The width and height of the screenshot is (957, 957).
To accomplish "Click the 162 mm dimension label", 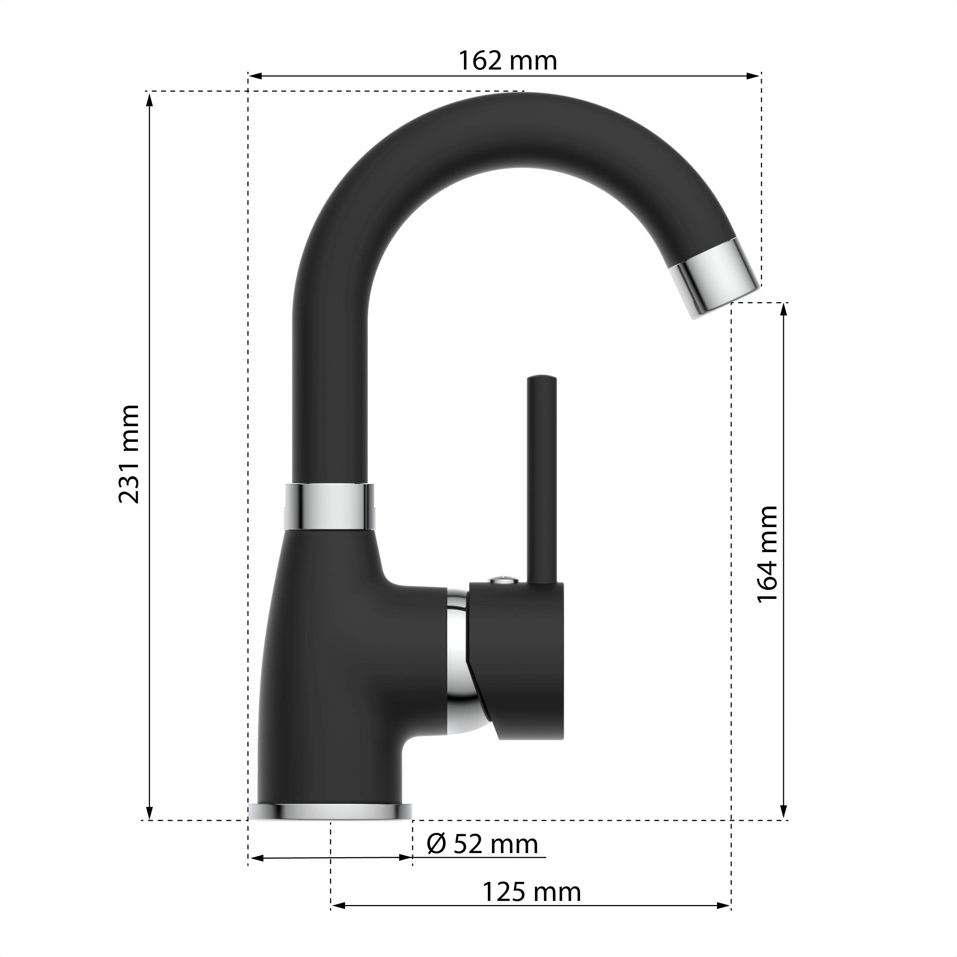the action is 508,61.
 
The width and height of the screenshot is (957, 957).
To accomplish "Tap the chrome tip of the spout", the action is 716,277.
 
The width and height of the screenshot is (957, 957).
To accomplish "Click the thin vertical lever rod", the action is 542,480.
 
